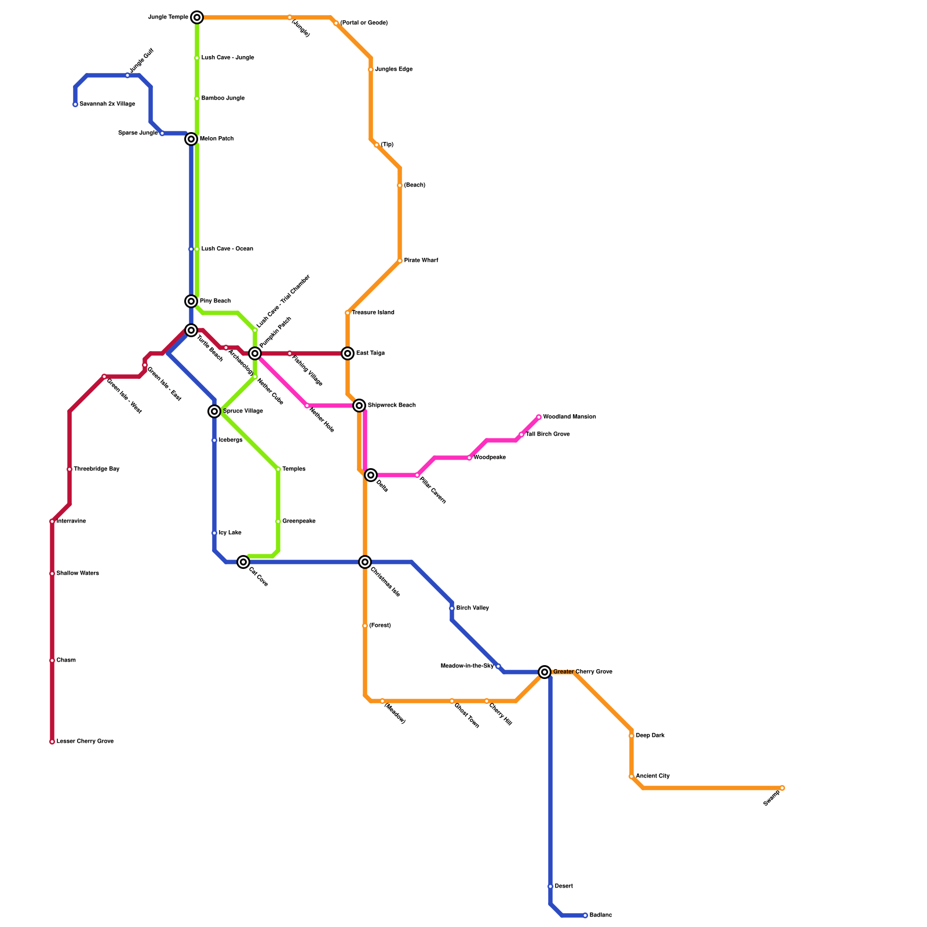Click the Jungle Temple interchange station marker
(197, 17)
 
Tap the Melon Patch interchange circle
(191, 139)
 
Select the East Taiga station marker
(348, 353)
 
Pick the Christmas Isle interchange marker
(365, 562)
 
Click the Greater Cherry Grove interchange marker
(545, 672)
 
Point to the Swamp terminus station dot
(782, 788)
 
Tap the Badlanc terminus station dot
(585, 915)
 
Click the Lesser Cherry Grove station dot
(52, 742)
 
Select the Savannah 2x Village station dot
(75, 104)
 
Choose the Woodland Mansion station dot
(539, 417)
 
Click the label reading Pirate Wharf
(421, 261)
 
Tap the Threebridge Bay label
(96, 469)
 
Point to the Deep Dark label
(650, 736)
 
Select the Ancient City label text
(653, 776)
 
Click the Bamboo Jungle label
(223, 98)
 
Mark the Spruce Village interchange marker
(214, 411)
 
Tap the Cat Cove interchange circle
(243, 562)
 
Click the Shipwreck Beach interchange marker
(359, 406)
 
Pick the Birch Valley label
(473, 608)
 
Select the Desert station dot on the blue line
(550, 886)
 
